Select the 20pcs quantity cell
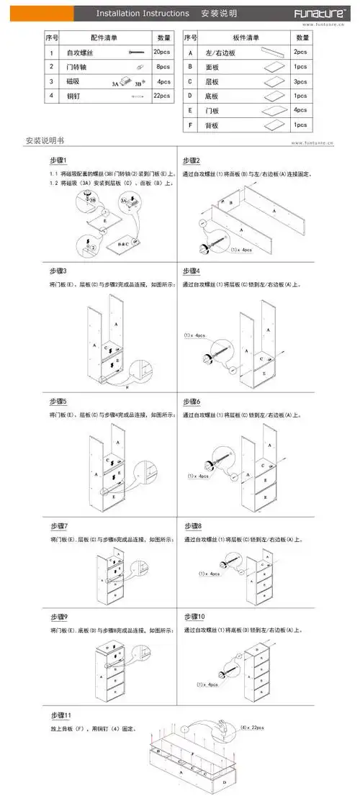pos(163,53)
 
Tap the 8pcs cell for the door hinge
pos(163,67)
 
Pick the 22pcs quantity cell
pos(163,96)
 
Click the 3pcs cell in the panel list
pos(300,81)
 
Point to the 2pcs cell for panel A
pos(300,53)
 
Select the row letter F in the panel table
pos(190,125)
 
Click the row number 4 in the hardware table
pos(51,96)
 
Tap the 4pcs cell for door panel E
pos(300,110)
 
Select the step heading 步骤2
pos(192,160)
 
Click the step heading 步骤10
pos(194,618)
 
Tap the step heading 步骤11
pos(60,715)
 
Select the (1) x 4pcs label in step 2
pos(242,249)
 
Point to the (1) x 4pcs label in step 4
pos(194,335)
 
